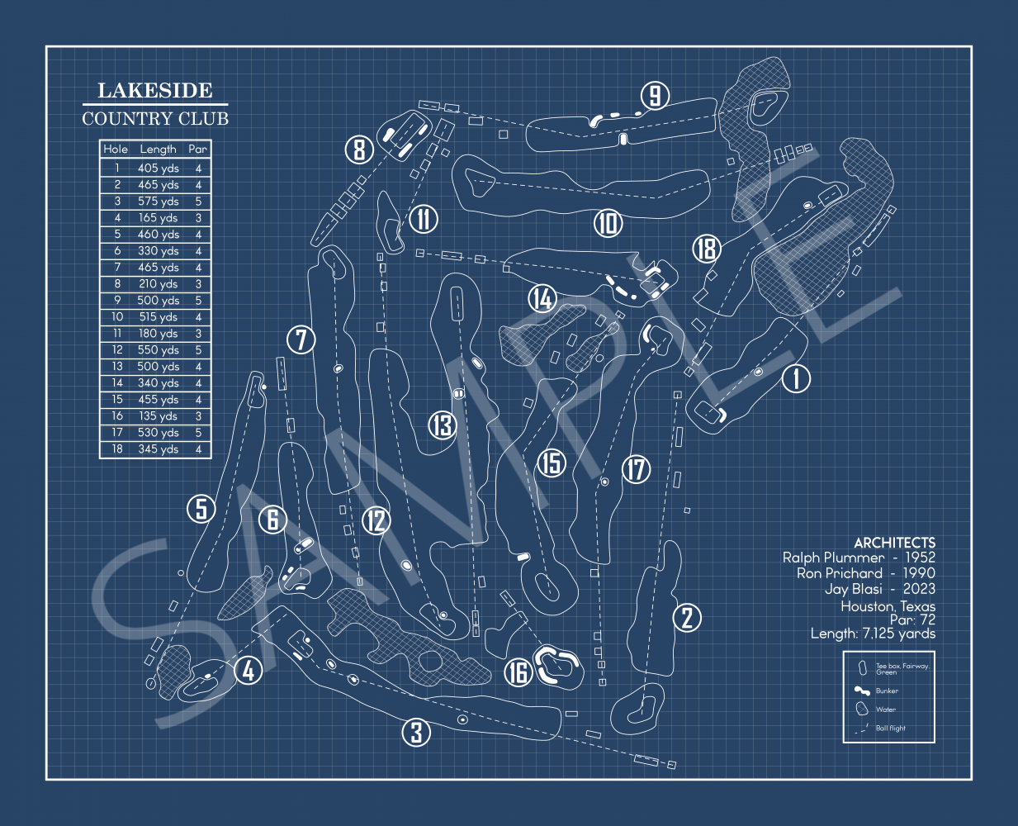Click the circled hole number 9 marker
point(655,96)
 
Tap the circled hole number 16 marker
point(518,673)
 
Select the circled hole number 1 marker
point(796,379)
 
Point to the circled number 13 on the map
point(442,425)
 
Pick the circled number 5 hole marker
point(201,508)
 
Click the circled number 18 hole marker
point(707,249)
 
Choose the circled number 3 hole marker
point(416,733)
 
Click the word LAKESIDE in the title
point(155,90)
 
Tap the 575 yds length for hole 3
point(159,202)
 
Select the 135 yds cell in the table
point(159,415)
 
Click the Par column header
point(197,150)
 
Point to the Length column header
point(159,150)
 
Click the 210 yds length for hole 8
point(159,284)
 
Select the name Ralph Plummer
point(833,558)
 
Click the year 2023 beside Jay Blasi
point(919,588)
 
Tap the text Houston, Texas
point(888,606)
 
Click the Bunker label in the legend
point(887,691)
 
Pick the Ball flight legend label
point(890,728)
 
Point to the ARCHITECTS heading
point(895,543)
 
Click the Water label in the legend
point(886,710)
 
